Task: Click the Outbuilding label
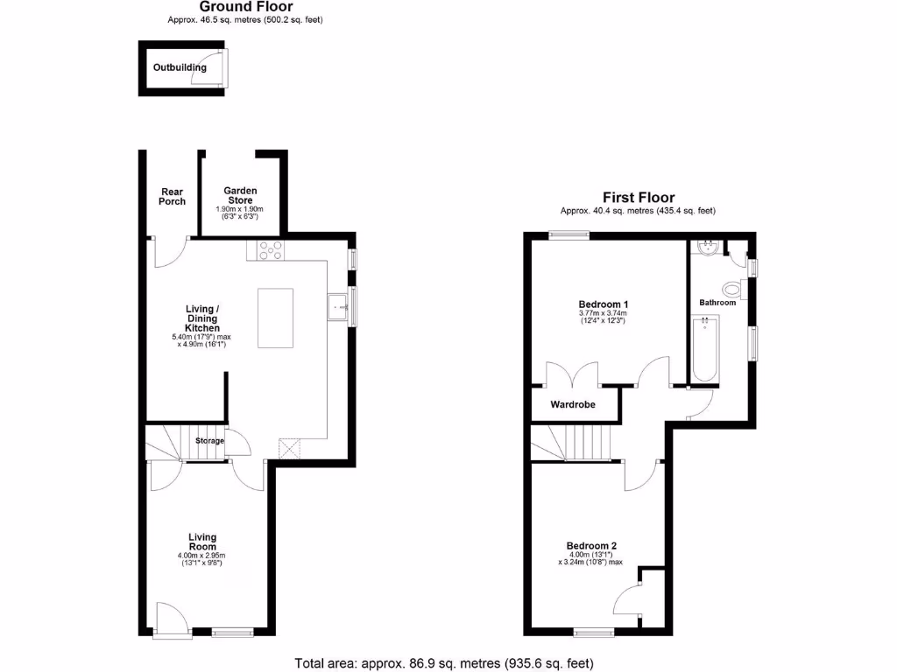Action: pos(180,67)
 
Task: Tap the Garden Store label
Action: pos(239,195)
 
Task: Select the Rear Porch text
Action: pos(172,197)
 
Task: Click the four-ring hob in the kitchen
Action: pos(271,250)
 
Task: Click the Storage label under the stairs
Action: pos(209,441)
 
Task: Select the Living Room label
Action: pos(202,542)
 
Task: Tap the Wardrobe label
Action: pos(573,405)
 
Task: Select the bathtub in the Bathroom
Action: pos(704,351)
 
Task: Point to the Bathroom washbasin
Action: pos(706,248)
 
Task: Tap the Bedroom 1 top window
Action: pos(568,234)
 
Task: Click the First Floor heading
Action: pos(638,198)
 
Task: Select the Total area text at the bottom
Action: pos(449,662)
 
